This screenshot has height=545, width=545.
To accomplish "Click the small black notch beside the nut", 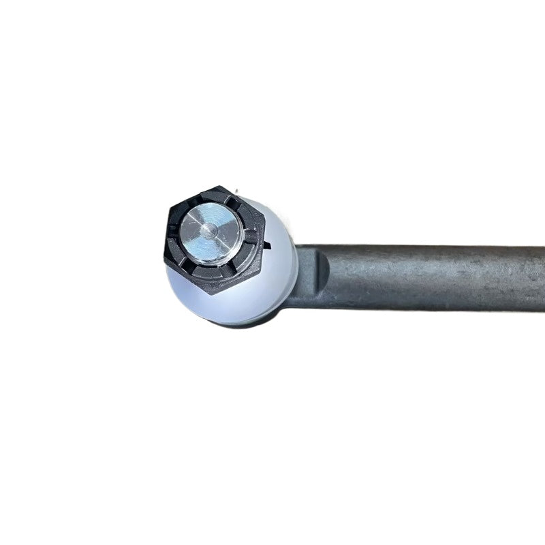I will coord(267,244).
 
